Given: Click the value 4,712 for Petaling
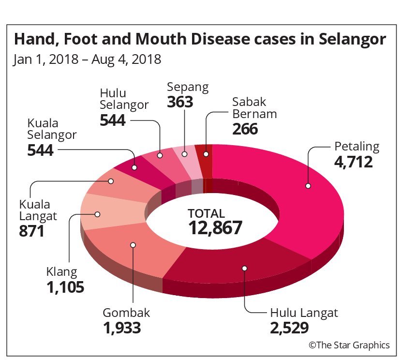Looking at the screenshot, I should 354,161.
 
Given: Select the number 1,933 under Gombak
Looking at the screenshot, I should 122,329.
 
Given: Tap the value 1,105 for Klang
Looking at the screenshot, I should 66,287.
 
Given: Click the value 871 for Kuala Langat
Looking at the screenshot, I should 32,231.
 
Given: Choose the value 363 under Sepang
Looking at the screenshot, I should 180,102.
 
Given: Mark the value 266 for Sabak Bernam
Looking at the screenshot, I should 245,129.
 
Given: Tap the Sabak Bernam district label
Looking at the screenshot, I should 254,108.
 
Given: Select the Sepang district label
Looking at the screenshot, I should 188,87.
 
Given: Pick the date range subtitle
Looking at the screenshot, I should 87,59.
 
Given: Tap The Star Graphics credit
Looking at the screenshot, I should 349,345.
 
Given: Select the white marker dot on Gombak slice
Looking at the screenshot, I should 133,245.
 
